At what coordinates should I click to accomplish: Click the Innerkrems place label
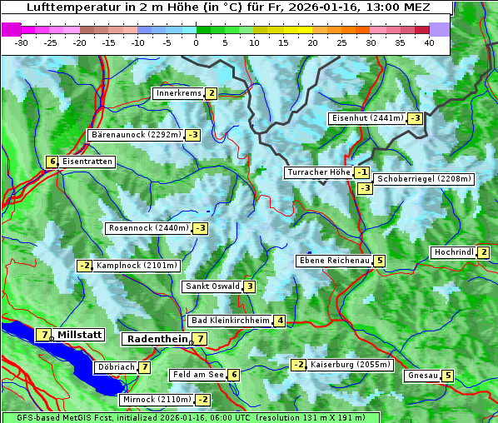(178, 93)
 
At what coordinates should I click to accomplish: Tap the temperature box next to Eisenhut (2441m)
(415, 118)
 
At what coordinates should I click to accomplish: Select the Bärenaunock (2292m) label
(135, 134)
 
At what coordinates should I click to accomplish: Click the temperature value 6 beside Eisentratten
(52, 162)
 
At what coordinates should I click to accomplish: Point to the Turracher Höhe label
(318, 172)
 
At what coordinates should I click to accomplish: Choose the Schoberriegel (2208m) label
(424, 178)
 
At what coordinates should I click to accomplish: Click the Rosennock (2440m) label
(148, 227)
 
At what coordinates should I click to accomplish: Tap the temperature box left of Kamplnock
(84, 266)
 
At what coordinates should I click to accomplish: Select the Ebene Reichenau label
(334, 261)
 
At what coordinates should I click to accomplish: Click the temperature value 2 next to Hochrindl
(484, 252)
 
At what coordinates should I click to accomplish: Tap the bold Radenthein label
(157, 339)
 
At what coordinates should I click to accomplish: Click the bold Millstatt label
(79, 335)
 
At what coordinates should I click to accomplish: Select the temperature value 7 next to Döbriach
(144, 366)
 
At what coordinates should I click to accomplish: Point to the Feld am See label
(197, 375)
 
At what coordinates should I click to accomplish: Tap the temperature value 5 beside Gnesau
(447, 376)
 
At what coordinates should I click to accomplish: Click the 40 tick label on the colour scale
(429, 42)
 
